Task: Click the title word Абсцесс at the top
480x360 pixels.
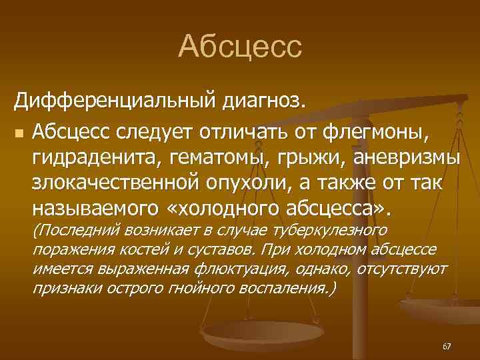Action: pos(240,46)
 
